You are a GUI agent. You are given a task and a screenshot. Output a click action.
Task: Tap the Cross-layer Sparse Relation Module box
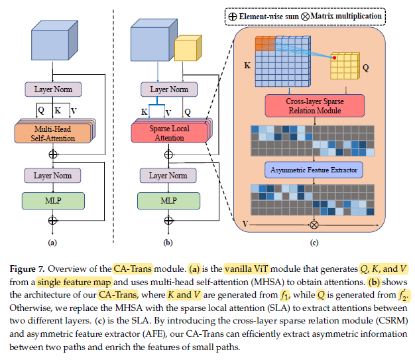315,106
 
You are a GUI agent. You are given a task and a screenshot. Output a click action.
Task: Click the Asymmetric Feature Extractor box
314,170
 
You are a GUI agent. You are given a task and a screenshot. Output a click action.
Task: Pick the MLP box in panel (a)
53,201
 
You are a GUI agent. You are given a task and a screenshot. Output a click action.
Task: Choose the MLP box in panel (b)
168,201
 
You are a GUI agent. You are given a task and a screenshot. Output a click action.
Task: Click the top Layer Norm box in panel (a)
53,90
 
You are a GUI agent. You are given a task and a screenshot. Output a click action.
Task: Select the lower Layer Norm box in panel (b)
168,176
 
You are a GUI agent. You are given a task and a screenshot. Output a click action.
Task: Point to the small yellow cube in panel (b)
188,48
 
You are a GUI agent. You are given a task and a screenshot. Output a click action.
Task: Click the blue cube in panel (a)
54,40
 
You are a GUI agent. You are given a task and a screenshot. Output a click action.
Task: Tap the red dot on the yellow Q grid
335,58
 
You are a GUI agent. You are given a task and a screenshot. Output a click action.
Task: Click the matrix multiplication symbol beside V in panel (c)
314,225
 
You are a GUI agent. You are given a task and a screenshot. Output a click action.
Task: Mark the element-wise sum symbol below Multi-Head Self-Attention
53,154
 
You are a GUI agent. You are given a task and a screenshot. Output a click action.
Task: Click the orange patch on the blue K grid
265,44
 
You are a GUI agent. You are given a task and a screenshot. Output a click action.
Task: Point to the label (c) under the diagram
314,243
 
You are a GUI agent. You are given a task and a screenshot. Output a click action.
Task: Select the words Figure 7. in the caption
27,269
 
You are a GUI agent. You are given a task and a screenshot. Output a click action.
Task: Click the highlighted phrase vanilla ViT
247,269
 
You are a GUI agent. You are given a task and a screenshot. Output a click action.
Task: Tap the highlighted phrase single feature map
74,282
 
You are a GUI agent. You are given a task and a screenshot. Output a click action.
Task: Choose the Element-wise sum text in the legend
269,17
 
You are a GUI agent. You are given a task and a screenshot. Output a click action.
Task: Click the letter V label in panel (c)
245,224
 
